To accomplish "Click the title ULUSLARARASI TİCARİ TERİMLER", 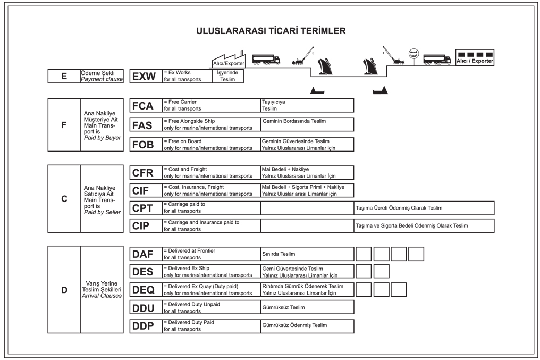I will pyautogui.click(x=271, y=31).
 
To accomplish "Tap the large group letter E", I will pyautogui.click(x=64, y=76).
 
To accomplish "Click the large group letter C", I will pyautogui.click(x=64, y=199).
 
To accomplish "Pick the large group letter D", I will pyautogui.click(x=64, y=290).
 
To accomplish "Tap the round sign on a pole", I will pyautogui.click(x=414, y=53).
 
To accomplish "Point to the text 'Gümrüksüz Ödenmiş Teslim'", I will pyautogui.click(x=294, y=325).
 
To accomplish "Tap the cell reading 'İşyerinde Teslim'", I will pyautogui.click(x=227, y=76).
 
